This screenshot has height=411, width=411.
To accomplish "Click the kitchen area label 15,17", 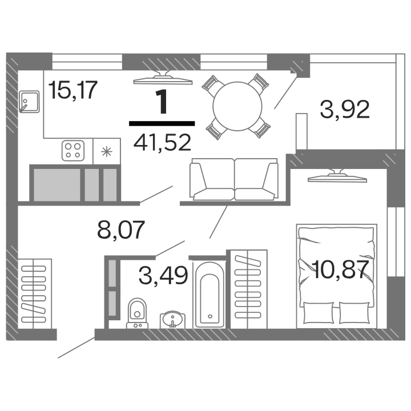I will pos(74,90).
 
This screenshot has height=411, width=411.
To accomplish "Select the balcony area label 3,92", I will pos(345,108).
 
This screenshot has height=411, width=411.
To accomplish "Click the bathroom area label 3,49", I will pos(163,276).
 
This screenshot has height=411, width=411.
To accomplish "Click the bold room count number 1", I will pos(162,103).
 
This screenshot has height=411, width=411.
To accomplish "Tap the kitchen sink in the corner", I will pos(28,102).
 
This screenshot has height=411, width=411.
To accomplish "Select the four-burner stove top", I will pos(74,150).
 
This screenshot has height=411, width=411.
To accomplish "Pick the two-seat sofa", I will pos(233,180).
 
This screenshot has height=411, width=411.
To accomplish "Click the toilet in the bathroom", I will pos(137,312).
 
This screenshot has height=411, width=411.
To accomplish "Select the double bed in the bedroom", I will pos(336,275).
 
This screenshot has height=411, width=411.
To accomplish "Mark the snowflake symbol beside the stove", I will pos(106,151).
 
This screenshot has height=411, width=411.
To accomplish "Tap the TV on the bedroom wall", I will pos(336,178).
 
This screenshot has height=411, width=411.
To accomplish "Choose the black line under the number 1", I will pos(162,122).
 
